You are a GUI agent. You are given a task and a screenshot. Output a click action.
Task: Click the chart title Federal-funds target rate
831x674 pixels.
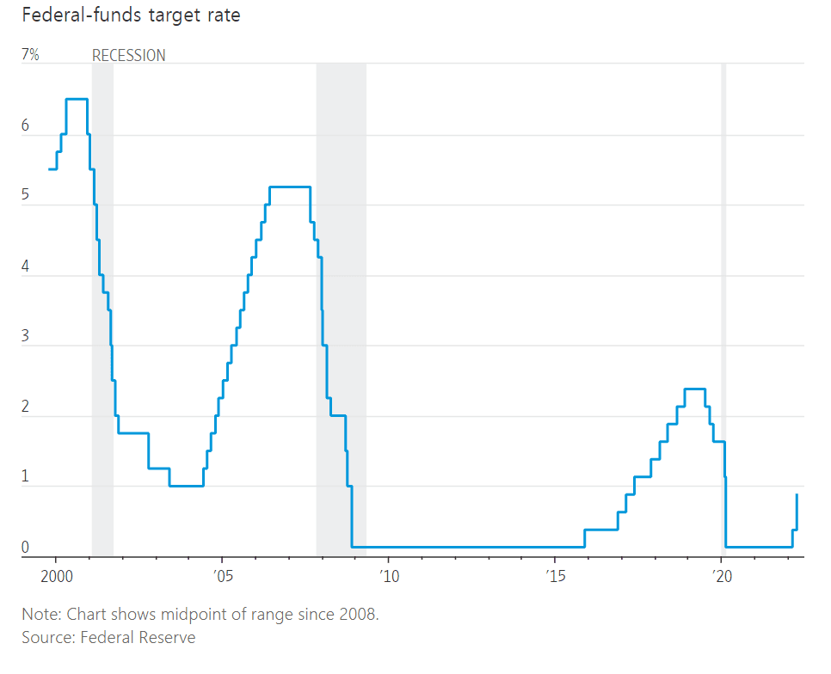(x=120, y=15)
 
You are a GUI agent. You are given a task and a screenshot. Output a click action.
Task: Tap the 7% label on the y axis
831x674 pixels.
(x=30, y=55)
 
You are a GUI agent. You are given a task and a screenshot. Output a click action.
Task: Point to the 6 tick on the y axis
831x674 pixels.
(x=26, y=126)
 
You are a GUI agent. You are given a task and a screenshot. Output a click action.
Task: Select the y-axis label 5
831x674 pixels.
(x=26, y=196)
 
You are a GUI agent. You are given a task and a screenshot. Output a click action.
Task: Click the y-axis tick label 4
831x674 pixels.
(x=26, y=267)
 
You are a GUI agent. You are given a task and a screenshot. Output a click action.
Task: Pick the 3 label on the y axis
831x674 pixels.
(x=26, y=336)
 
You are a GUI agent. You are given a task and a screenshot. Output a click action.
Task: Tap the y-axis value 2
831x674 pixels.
(x=26, y=407)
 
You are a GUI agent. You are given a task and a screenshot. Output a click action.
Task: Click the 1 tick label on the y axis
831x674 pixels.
(x=26, y=477)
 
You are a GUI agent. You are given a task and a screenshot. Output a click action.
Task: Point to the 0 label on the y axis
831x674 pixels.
(x=26, y=547)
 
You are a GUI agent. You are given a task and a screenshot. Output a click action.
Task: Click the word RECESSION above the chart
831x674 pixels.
(x=129, y=56)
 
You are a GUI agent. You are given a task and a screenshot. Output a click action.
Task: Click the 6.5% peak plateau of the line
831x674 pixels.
(x=77, y=100)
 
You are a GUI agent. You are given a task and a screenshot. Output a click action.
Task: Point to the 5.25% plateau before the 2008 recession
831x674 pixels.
(x=289, y=187)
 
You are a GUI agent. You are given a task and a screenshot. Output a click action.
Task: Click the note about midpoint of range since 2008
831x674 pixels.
(x=200, y=615)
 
